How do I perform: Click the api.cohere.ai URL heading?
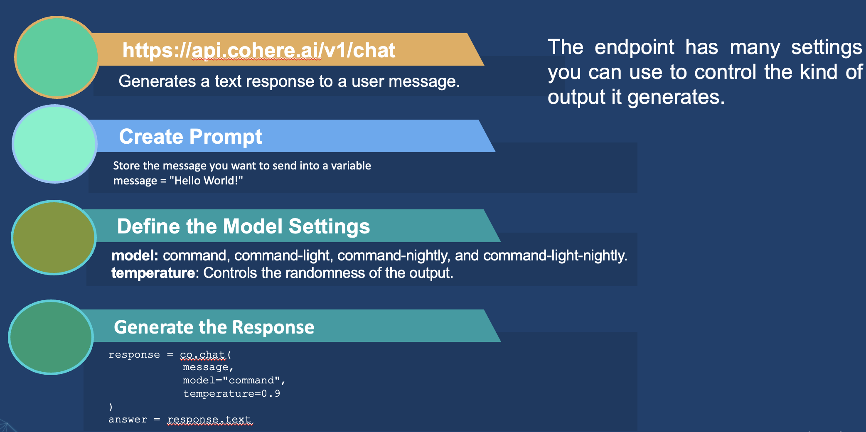click(x=258, y=51)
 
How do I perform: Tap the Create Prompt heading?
click(x=190, y=137)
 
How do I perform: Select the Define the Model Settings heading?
click(x=243, y=226)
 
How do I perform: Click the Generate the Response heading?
click(x=214, y=327)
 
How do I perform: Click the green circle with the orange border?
click(x=57, y=57)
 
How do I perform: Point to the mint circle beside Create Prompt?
click(x=55, y=144)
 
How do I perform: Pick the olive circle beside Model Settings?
click(x=54, y=238)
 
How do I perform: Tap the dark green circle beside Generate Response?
click(x=51, y=337)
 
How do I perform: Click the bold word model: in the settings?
click(x=135, y=255)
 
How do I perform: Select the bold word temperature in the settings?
click(x=153, y=273)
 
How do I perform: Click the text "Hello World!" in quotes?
click(x=206, y=181)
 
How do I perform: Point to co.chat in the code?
click(x=202, y=355)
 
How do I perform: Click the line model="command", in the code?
click(x=234, y=380)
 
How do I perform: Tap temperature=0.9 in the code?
click(x=231, y=393)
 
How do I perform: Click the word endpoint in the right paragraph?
click(x=634, y=47)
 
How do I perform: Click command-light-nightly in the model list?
click(x=555, y=255)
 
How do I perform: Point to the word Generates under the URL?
click(x=157, y=81)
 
